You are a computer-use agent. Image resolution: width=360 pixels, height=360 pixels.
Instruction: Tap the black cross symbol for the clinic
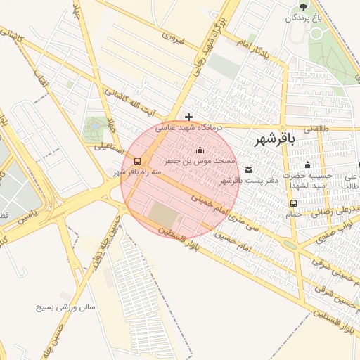[x=188, y=117]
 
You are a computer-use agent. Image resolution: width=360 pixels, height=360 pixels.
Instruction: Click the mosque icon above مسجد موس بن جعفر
[x=200, y=150]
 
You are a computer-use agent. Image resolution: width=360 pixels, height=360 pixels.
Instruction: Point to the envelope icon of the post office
[x=249, y=169]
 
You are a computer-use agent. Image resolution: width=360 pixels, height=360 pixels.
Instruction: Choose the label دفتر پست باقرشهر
[x=249, y=181]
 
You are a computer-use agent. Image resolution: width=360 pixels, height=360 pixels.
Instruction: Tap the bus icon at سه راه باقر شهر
[x=137, y=160]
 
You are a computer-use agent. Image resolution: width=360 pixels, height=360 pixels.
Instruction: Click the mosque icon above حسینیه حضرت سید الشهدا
[x=307, y=165]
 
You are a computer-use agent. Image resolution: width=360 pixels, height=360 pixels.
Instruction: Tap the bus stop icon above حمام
[x=292, y=203]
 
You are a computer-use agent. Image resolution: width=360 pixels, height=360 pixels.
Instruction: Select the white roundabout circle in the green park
[x=93, y=126]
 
